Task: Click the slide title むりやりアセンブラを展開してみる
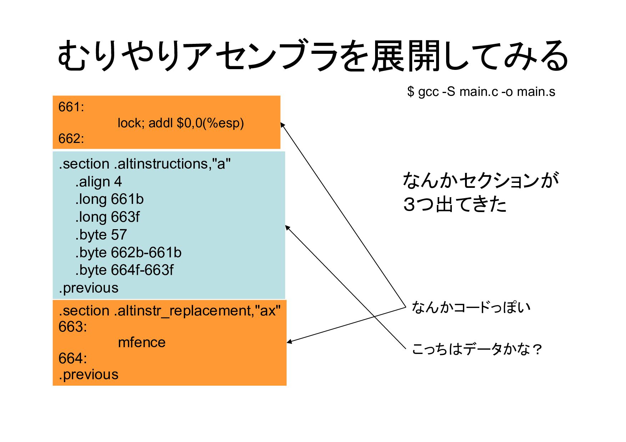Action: (313, 56)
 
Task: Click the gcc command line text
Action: (481, 92)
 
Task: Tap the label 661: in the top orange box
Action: (71, 107)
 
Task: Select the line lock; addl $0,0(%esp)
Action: (181, 123)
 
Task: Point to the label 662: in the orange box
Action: (71, 138)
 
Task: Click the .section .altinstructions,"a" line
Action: (145, 164)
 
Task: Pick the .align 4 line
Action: (99, 182)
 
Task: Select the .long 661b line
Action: (109, 199)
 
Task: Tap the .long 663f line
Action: (107, 217)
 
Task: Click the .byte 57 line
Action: (101, 235)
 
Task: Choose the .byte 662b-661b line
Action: (128, 252)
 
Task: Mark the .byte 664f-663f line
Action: (124, 270)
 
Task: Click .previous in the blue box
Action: (89, 288)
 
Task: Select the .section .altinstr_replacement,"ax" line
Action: (170, 311)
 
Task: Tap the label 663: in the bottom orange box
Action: (72, 327)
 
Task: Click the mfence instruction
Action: (142, 343)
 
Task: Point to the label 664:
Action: (72, 358)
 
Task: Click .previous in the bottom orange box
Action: (89, 375)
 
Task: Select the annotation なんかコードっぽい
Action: (471, 307)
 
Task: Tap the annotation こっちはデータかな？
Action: (477, 349)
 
